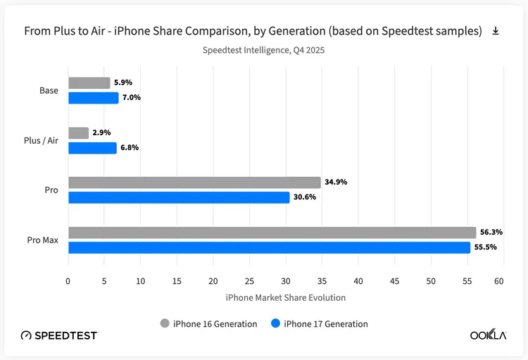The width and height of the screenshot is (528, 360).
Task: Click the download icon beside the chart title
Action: click(496, 31)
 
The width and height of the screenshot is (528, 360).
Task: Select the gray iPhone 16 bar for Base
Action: click(89, 82)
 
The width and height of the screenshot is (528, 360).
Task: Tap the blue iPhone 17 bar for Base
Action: click(94, 98)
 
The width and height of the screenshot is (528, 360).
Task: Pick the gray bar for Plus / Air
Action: click(79, 132)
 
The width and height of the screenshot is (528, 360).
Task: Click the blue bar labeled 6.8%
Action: click(92, 148)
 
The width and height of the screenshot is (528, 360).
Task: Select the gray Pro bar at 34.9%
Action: click(194, 182)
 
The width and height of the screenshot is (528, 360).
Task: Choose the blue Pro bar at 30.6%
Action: click(179, 197)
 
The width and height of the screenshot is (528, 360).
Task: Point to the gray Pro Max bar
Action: click(272, 232)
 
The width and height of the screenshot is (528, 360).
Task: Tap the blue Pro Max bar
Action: click(269, 247)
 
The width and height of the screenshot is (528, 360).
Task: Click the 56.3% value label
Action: click(491, 232)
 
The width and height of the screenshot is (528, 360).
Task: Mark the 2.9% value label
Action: click(101, 132)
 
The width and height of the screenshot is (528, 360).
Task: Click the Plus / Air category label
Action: click(40, 140)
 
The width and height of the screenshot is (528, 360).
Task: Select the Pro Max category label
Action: click(43, 240)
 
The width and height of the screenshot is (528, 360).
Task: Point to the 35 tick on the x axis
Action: click(321, 281)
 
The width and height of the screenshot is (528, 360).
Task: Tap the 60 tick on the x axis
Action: click(498, 281)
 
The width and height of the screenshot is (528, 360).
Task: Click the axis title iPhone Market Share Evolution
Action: click(285, 297)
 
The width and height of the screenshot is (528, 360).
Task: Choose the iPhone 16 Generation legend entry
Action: click(208, 323)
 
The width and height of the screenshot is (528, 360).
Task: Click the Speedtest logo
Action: click(59, 335)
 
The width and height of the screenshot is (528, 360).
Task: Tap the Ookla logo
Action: click(488, 335)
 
